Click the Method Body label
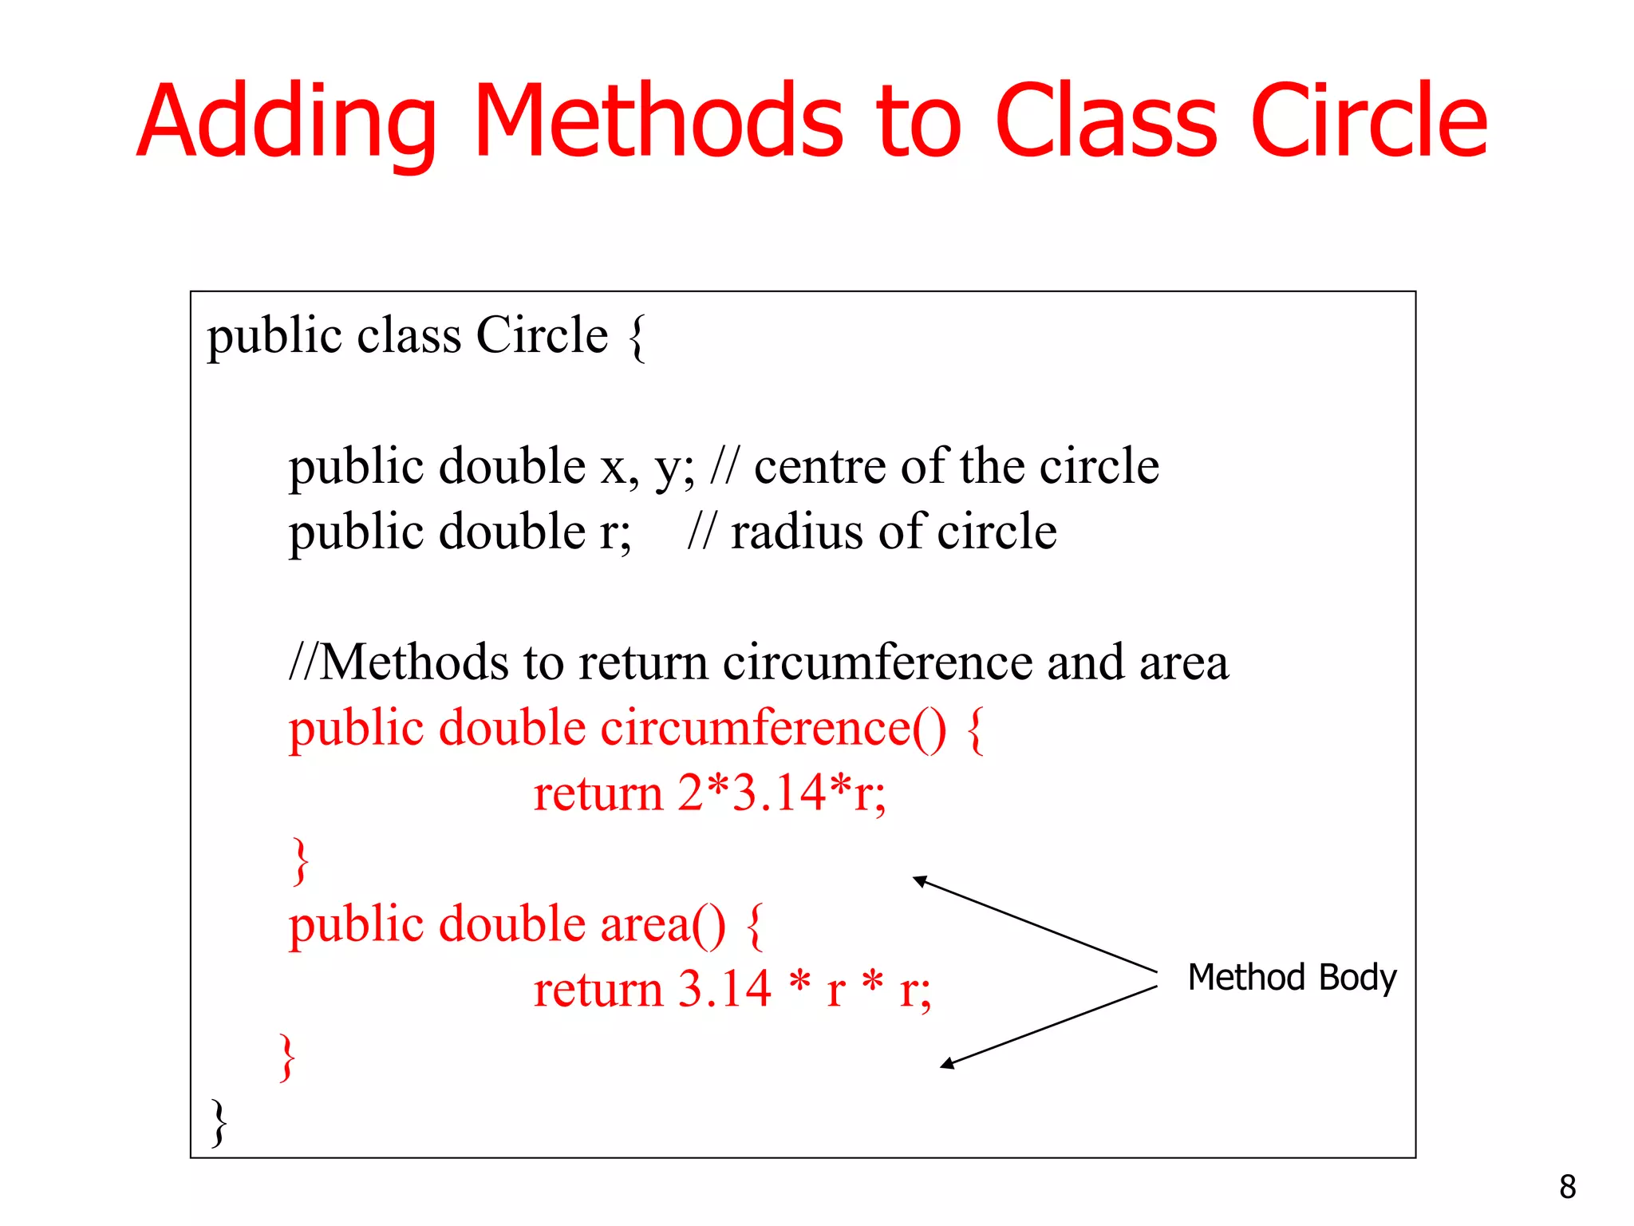(x=1292, y=977)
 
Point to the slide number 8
(x=1567, y=1187)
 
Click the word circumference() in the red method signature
(x=773, y=728)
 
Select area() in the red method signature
(x=663, y=924)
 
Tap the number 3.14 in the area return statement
(x=724, y=990)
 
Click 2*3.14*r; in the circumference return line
(x=782, y=793)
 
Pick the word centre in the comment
(x=819, y=466)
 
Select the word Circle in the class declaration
(x=542, y=335)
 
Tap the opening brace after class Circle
(x=637, y=338)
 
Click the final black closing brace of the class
(x=219, y=1122)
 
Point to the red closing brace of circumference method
(x=301, y=860)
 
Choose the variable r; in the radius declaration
(x=615, y=532)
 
